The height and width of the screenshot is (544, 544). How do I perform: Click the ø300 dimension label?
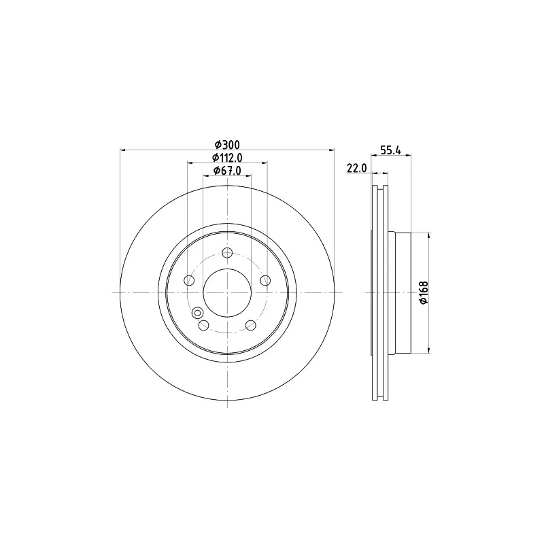coord(227,144)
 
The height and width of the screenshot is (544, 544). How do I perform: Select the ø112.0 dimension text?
coord(227,158)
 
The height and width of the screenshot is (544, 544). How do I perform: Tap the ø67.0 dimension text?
coord(227,171)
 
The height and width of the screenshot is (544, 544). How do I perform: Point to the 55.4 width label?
coord(390,150)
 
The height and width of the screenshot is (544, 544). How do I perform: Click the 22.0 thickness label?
coord(356,168)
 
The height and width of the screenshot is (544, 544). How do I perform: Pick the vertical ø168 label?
coord(424,292)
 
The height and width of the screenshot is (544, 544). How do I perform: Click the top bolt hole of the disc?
coord(227,252)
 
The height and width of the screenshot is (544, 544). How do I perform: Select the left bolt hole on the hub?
coord(189,280)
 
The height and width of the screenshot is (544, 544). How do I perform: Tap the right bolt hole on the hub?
coord(265,280)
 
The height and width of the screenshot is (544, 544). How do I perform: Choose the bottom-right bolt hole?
coord(251,325)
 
